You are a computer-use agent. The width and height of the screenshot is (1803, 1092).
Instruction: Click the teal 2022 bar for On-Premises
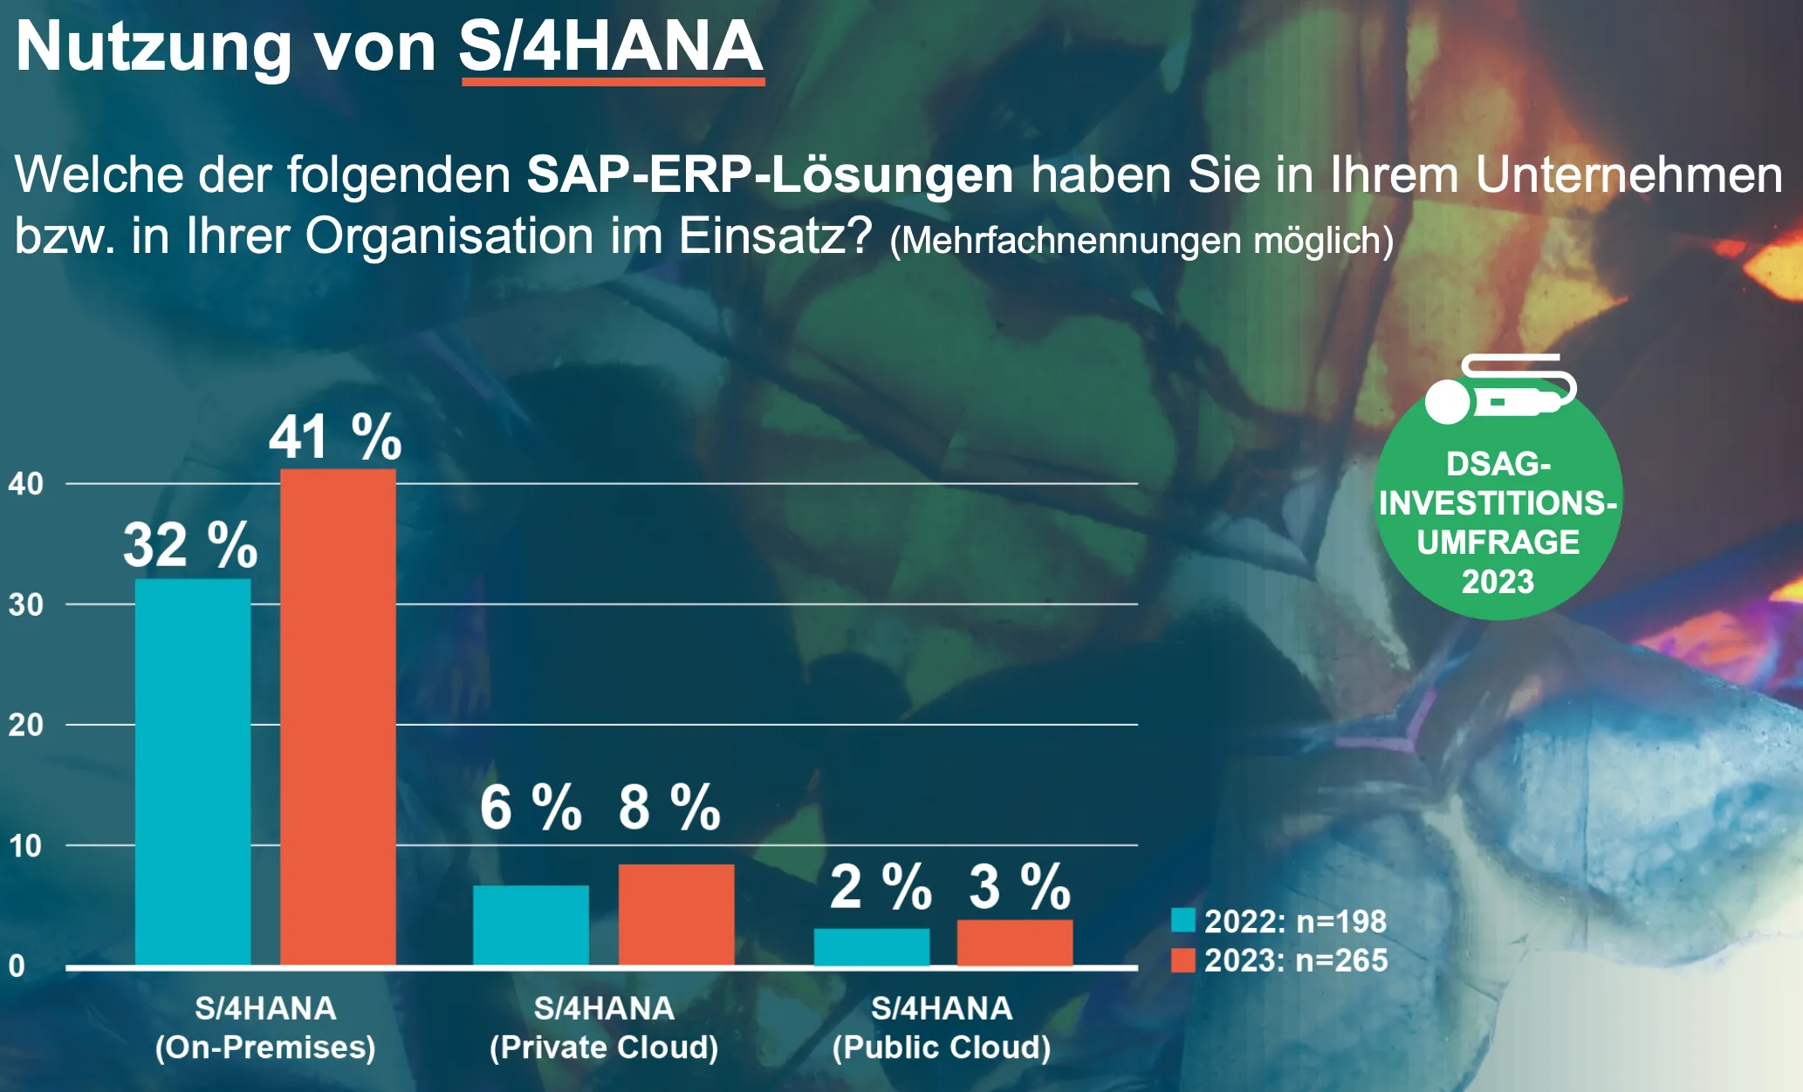click(x=193, y=771)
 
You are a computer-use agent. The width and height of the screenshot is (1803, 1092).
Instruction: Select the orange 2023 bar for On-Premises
click(x=338, y=717)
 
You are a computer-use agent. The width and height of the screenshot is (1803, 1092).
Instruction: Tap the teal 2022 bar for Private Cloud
click(x=531, y=925)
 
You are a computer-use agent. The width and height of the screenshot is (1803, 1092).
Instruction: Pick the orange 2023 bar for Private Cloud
click(x=676, y=914)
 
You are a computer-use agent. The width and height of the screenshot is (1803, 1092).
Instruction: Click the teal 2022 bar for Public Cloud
click(x=871, y=946)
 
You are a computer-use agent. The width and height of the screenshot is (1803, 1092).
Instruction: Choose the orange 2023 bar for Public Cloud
click(x=1015, y=942)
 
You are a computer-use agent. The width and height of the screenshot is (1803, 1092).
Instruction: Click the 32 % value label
click(x=190, y=545)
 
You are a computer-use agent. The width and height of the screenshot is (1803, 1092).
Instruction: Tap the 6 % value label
click(x=531, y=807)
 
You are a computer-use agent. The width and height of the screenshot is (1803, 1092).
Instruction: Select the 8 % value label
click(x=669, y=807)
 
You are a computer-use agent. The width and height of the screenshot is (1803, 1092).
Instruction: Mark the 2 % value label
click(x=881, y=887)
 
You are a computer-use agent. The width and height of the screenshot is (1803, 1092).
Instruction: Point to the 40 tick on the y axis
click(x=25, y=483)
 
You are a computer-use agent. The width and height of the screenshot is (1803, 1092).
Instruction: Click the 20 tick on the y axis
click(x=25, y=725)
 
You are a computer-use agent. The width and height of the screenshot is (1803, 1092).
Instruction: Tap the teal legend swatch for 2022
click(x=1183, y=920)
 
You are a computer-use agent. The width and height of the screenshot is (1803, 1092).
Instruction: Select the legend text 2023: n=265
click(x=1296, y=960)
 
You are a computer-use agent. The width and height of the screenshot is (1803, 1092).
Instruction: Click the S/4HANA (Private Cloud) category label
click(x=604, y=1027)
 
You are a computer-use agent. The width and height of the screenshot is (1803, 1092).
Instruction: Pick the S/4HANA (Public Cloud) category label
click(x=942, y=1027)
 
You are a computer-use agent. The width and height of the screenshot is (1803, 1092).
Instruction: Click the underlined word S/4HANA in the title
click(x=611, y=47)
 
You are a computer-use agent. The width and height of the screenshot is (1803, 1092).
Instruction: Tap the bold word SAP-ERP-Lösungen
click(x=770, y=174)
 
